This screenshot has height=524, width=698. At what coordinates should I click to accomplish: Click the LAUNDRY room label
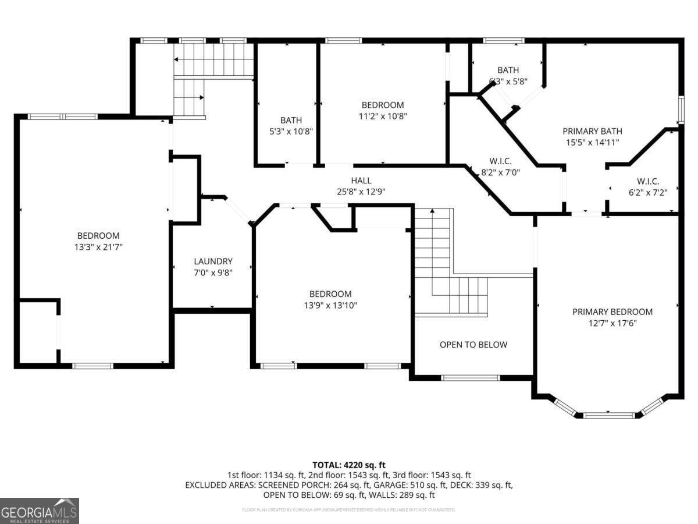213,261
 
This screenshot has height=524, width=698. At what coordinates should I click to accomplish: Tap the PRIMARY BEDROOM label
612,311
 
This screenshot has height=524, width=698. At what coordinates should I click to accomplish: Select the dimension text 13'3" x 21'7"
98,247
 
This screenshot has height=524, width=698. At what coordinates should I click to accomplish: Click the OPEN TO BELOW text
473,345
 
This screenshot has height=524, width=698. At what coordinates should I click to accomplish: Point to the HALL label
361,180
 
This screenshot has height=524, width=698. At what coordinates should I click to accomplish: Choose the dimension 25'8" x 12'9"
361,191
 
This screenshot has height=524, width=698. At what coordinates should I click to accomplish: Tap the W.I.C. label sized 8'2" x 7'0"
500,161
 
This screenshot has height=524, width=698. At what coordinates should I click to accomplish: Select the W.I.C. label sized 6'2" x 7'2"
647,180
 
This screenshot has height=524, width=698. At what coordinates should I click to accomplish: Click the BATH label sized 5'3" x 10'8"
291,121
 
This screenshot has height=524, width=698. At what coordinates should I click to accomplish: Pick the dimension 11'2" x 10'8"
382,116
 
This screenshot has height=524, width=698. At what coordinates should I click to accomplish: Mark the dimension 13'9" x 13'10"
330,305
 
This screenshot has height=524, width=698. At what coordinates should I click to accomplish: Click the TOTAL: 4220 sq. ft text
348,465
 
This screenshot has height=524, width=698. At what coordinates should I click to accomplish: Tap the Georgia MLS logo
39,511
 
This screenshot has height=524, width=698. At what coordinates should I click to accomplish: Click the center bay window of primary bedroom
609,415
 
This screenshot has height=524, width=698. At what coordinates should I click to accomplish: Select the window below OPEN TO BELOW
470,378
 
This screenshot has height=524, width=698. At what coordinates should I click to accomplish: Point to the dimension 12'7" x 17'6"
612,323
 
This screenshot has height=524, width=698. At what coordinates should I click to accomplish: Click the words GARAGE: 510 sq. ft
416,485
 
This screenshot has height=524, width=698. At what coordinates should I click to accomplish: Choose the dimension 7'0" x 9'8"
213,272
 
